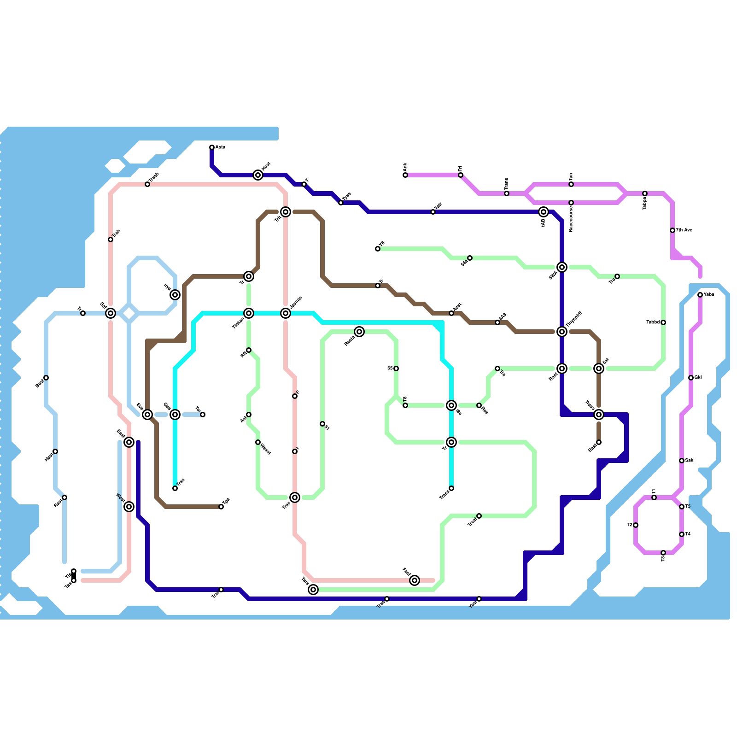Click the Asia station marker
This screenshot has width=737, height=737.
click(x=212, y=147)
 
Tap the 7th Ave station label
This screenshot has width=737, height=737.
click(x=684, y=230)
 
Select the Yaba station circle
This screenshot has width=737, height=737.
click(x=700, y=295)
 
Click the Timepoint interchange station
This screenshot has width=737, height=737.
click(x=562, y=332)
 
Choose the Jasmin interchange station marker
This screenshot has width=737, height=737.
click(x=286, y=313)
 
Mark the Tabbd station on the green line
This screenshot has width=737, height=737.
click(x=663, y=322)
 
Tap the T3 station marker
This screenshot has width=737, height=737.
click(x=663, y=553)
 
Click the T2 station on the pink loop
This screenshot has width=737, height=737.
click(x=636, y=525)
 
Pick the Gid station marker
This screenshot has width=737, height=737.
click(x=691, y=378)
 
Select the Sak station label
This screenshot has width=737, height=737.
click(x=690, y=460)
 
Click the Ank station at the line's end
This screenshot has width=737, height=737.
click(x=405, y=175)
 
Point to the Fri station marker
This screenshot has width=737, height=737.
click(x=461, y=175)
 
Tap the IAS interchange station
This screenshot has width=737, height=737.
click(x=544, y=212)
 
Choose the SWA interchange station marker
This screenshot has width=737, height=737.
click(x=562, y=267)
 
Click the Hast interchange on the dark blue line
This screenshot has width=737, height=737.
click(x=258, y=175)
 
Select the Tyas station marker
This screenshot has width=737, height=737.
click(x=341, y=203)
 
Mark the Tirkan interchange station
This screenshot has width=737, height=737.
click(x=249, y=313)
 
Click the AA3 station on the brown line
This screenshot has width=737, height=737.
click(x=497, y=322)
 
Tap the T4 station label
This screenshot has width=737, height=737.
click(x=688, y=534)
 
